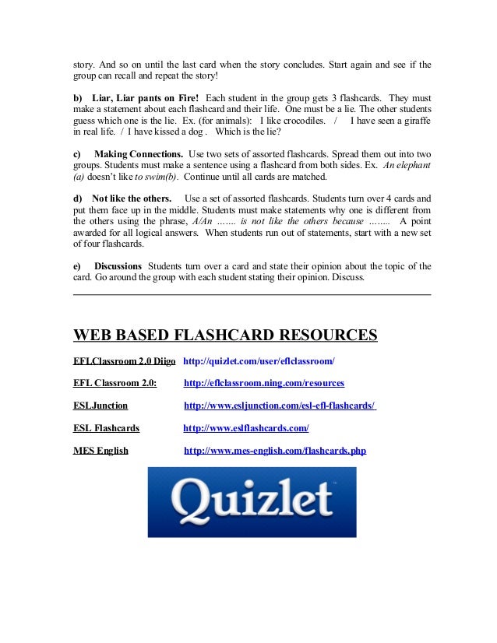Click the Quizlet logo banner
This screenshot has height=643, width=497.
[251, 502]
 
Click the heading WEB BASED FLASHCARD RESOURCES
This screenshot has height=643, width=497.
[225, 336]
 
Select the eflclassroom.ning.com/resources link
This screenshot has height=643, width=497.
[263, 383]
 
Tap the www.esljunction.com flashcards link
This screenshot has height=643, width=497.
[280, 406]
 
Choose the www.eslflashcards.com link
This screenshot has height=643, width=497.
[245, 427]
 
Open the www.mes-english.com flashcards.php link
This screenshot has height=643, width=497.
[274, 450]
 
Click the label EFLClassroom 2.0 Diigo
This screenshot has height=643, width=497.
[124, 362]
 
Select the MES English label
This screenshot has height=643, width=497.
[100, 450]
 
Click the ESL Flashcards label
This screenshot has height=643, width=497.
[106, 427]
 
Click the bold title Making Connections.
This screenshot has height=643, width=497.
[139, 154]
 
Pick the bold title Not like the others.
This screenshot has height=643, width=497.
[132, 198]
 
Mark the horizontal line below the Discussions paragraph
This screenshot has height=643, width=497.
[251, 294]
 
